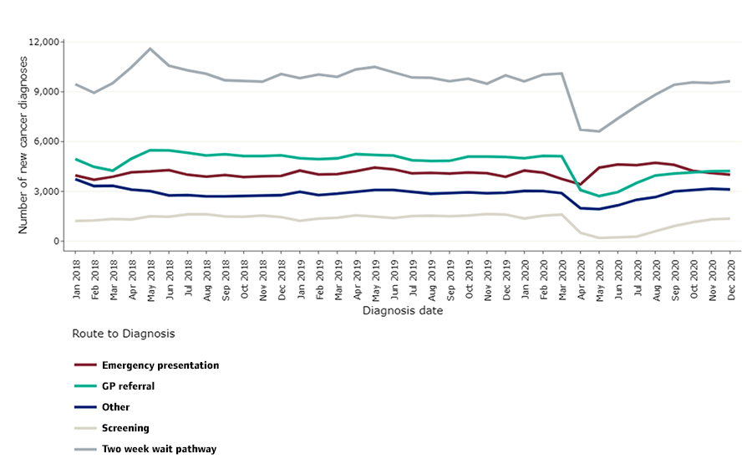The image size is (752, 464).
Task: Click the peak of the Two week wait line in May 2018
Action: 150,48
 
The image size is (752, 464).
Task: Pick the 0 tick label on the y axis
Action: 55,242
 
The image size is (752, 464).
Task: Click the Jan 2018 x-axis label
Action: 77,278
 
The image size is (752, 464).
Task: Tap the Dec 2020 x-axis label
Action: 730,278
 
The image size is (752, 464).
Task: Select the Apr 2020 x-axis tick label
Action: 581,278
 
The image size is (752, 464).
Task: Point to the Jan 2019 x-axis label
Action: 301,278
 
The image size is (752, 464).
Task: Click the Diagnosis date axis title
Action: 403,311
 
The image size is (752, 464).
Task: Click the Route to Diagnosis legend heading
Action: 123,333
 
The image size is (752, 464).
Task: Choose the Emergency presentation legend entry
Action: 160,365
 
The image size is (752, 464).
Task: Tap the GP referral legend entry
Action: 128,386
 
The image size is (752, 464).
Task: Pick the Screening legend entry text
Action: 125,428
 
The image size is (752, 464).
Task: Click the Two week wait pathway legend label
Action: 159,449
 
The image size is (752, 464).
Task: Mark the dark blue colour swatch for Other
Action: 84,407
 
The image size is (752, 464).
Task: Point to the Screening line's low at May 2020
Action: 599,237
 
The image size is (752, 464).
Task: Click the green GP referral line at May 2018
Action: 150,150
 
